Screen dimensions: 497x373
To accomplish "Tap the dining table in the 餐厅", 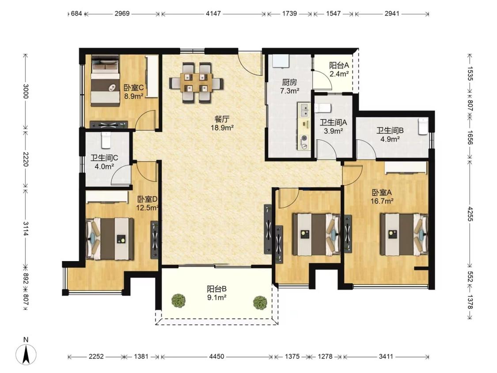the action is [x=196, y=83].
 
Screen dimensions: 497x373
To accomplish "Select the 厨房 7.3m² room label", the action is [x=290, y=87].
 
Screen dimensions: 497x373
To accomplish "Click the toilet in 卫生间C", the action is [x=106, y=140].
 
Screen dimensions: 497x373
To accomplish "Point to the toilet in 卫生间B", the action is [x=423, y=126].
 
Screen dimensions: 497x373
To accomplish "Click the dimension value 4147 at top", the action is [x=213, y=14].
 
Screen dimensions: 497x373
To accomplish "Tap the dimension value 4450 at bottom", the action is [x=216, y=357].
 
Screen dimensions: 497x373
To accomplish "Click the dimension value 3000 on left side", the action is [x=26, y=91].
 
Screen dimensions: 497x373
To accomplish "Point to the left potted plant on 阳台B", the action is [x=178, y=301].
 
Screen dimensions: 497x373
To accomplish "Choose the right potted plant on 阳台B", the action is [x=260, y=303].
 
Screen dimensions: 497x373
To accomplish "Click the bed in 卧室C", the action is [x=106, y=81].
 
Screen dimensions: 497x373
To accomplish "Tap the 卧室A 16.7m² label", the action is [x=382, y=197].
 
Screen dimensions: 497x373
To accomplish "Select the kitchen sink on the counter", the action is [x=304, y=110].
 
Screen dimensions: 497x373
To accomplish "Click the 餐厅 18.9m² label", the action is [x=222, y=124].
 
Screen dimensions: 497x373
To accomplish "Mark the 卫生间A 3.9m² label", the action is [x=334, y=126].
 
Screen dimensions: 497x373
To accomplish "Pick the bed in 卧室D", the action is [x=110, y=239].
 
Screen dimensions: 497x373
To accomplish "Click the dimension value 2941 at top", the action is [x=392, y=14].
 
